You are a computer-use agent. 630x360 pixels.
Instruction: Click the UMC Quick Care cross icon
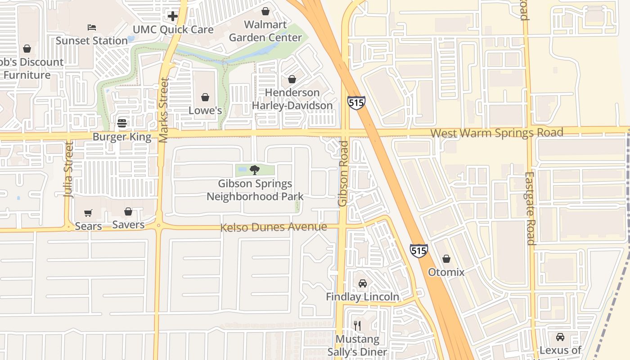[173, 17]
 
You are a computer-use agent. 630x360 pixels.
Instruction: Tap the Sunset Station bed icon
[92, 27]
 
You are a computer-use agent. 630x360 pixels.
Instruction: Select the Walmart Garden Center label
[265, 31]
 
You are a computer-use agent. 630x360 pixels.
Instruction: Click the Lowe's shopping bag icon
[205, 97]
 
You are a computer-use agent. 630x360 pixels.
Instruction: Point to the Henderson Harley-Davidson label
[292, 99]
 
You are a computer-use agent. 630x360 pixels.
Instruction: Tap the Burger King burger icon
[122, 123]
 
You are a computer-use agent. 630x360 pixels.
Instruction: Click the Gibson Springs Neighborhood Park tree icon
[255, 170]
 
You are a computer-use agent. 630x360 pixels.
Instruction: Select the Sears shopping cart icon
[88, 213]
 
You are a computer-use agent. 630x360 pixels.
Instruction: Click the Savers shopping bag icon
[128, 211]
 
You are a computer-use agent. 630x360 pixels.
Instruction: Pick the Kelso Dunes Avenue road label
[273, 227]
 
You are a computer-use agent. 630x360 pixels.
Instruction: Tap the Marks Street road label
[164, 110]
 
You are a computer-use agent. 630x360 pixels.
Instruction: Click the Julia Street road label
[68, 170]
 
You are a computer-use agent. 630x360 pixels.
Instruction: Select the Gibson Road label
[343, 174]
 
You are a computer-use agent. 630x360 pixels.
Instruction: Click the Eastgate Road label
[530, 208]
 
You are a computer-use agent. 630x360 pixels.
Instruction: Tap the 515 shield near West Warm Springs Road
[356, 103]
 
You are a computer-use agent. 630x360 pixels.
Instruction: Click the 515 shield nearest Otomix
[418, 251]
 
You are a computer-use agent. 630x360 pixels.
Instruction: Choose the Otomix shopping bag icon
[446, 259]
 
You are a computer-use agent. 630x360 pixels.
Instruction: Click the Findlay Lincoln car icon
[362, 283]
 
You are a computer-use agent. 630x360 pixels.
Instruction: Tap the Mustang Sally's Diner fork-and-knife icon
[357, 325]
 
